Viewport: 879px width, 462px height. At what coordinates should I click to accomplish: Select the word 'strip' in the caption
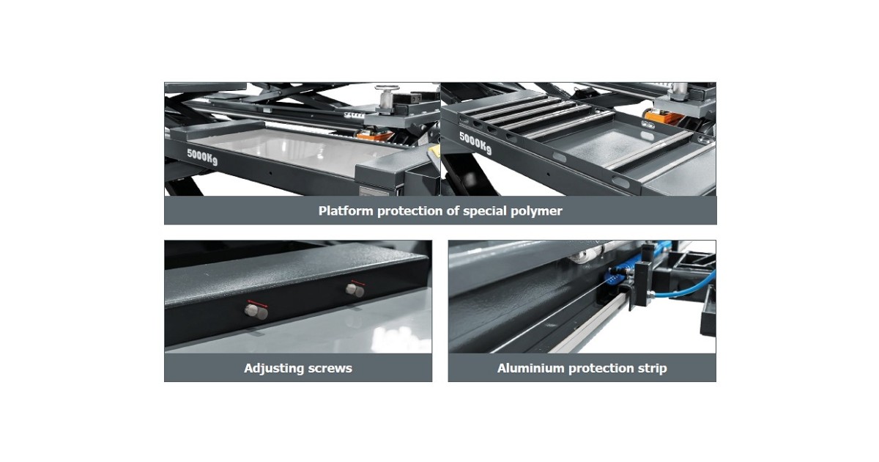click(652, 368)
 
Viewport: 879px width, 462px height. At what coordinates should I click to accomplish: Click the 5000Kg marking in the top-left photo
click(202, 157)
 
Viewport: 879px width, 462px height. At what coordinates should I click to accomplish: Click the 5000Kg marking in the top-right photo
click(475, 144)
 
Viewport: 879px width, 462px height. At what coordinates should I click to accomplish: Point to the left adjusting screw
click(256, 312)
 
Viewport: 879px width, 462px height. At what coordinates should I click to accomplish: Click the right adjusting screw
click(355, 290)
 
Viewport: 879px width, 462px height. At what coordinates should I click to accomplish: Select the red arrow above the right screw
click(358, 282)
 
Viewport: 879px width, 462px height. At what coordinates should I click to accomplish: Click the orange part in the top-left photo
click(375, 136)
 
